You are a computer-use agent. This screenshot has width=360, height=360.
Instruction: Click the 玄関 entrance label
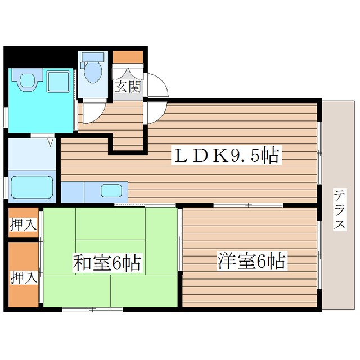click(x=128, y=87)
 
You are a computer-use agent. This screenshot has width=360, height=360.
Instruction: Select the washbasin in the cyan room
click(x=26, y=81)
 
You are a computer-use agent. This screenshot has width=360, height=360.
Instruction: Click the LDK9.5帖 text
click(x=225, y=155)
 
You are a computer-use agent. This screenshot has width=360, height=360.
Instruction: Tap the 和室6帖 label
click(x=106, y=262)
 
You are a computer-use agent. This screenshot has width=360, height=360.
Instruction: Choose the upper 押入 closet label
click(x=23, y=224)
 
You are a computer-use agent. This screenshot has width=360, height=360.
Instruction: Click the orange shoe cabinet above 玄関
click(x=128, y=57)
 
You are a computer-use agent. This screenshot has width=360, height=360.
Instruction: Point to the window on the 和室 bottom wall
click(x=92, y=309)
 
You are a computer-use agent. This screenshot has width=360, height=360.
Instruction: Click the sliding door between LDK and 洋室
click(x=247, y=205)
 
